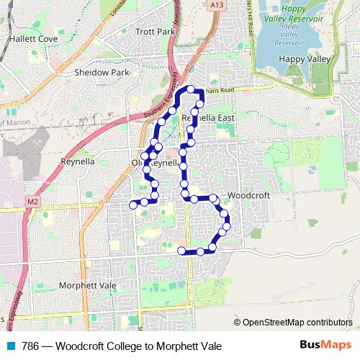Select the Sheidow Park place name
(x=101, y=72)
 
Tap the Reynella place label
(x=78, y=161)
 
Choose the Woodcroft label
(x=248, y=195)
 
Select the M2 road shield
(x=32, y=199)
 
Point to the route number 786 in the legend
(x=31, y=345)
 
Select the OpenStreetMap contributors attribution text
(x=297, y=323)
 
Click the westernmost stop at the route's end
(x=133, y=205)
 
